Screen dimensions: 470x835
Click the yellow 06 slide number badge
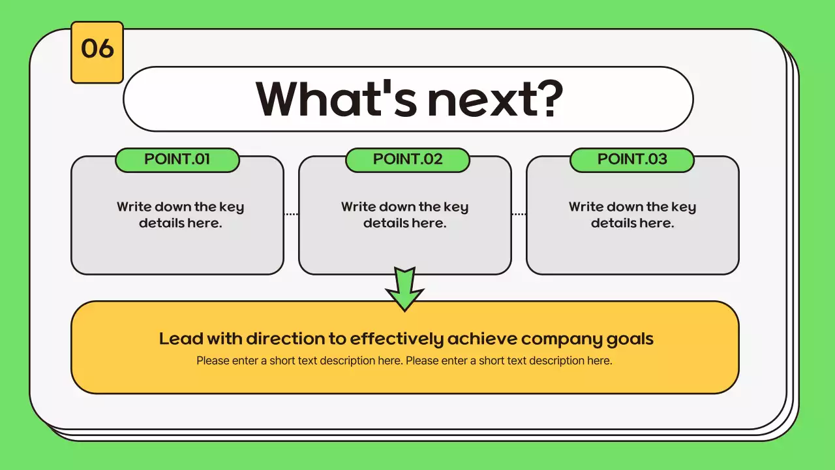point(97,52)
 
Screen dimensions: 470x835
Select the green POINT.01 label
point(177,160)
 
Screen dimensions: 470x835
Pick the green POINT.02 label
point(407,160)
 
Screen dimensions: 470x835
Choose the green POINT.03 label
point(631,160)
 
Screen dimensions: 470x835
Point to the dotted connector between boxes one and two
point(291,214)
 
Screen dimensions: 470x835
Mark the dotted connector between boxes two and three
point(519,214)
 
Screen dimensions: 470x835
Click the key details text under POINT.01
point(180,215)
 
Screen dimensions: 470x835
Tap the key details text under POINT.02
point(404,215)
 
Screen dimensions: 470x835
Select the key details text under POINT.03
point(632,215)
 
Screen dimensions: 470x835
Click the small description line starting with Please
point(404,360)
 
